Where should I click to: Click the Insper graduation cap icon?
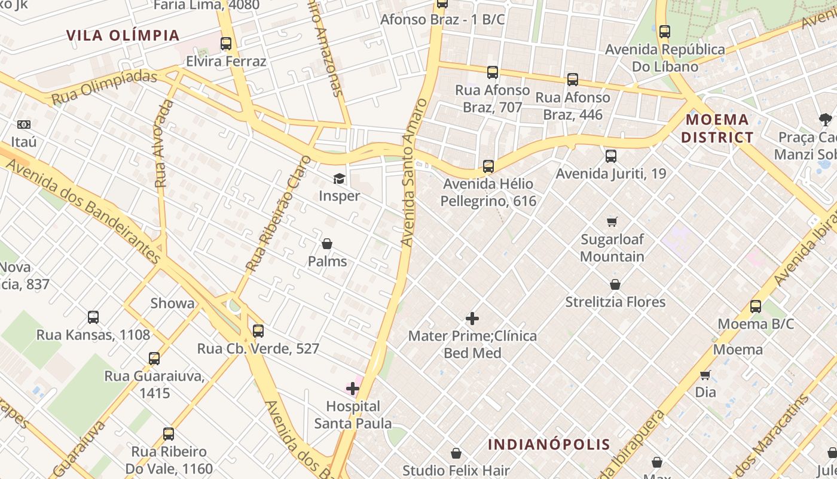point(339,178)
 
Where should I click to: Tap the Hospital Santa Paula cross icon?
point(353,389)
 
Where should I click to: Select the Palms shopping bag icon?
point(327,244)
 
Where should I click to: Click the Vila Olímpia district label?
point(123,35)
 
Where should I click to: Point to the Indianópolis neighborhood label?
point(549,444)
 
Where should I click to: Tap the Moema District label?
point(717,128)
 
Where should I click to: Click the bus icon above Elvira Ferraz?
point(225,44)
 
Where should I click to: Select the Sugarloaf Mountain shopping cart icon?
point(612,222)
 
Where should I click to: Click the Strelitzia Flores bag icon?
point(615,284)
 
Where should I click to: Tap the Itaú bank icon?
point(24,125)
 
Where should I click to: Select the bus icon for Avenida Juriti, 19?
point(610,156)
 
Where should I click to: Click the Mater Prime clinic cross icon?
point(472,319)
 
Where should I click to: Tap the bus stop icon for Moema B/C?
point(756,307)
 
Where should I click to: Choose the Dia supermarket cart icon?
point(705,375)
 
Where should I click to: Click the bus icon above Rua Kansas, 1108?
point(93,317)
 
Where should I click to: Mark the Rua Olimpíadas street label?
point(105,87)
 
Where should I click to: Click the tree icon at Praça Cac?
point(826,120)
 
